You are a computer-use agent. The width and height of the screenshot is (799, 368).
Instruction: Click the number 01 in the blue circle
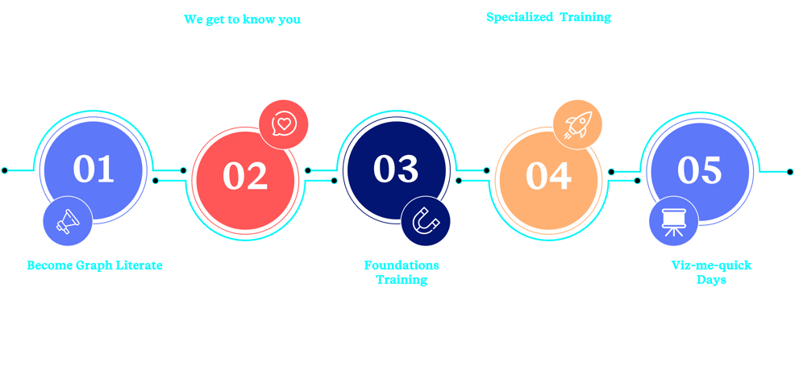point(94,169)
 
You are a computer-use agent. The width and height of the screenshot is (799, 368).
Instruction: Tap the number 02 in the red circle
point(245,176)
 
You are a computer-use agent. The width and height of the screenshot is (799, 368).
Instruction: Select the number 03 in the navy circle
point(396,169)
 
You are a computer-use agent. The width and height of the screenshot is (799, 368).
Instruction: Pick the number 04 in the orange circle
point(548,176)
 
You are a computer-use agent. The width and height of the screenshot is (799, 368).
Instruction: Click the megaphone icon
point(68,221)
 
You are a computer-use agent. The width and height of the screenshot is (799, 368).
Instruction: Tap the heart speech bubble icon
point(284,123)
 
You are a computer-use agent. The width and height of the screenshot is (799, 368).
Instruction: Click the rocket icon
point(577,124)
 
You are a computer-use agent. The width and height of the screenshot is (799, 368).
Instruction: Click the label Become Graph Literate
point(95,266)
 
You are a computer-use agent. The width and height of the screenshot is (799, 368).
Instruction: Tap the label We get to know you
point(242,19)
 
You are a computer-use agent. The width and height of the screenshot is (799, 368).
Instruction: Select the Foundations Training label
point(402,273)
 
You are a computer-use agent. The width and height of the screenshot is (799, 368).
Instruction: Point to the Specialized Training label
point(549,17)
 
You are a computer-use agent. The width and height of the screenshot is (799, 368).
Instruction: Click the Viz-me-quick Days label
point(711,273)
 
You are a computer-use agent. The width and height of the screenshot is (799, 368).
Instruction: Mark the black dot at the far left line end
point(5,170)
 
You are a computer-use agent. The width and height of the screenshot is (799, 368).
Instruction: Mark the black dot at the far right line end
point(790,172)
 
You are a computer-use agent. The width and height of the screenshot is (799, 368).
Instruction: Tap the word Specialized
point(520,17)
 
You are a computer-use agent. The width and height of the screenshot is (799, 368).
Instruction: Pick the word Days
point(711,280)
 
